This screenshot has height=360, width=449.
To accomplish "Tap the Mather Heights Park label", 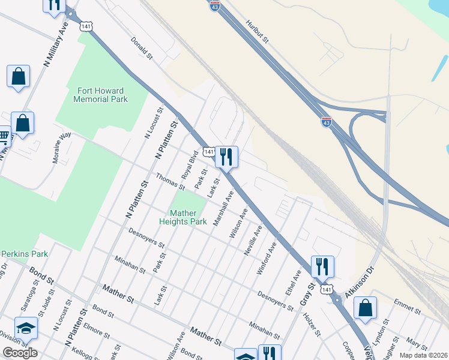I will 183,217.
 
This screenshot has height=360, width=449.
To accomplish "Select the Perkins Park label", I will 24,254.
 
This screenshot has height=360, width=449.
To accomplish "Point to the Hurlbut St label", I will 257,32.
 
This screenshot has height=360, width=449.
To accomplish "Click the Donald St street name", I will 142,48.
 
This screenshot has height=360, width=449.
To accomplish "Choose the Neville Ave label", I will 253,241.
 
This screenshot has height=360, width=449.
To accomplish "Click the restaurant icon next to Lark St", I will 226,157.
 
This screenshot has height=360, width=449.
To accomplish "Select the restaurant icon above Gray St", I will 322,266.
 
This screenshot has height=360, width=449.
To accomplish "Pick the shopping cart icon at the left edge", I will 4,137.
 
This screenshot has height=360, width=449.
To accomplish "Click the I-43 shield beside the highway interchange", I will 326,122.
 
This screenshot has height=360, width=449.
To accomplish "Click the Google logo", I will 20,352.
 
